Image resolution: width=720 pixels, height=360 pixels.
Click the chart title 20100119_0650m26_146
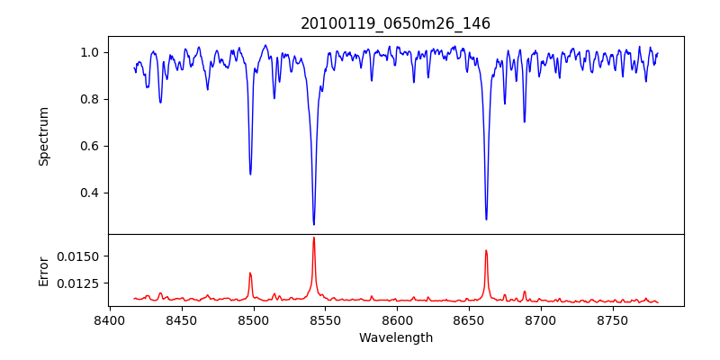click(x=395, y=23)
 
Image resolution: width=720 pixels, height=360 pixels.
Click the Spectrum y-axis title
click(x=44, y=136)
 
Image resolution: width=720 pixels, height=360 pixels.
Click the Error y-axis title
click(x=44, y=270)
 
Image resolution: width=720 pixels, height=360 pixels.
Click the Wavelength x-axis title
click(x=395, y=337)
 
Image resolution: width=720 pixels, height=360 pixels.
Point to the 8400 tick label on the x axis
click(x=109, y=319)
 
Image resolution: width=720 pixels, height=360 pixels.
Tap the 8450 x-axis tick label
click(x=181, y=319)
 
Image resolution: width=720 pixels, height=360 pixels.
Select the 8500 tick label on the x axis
click(x=253, y=319)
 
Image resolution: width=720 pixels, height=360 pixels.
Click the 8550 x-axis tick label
click(x=325, y=319)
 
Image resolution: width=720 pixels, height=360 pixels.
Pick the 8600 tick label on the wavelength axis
click(x=397, y=319)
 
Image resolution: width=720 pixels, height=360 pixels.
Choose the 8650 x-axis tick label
click(x=469, y=319)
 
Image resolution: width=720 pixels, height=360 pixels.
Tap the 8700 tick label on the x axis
click(x=541, y=319)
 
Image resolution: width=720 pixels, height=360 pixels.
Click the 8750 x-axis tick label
click(x=613, y=319)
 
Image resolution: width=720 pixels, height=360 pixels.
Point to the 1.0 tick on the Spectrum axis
click(x=89, y=52)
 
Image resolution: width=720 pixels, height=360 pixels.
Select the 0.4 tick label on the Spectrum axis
click(x=89, y=193)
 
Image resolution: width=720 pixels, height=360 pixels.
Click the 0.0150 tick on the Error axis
click(x=79, y=256)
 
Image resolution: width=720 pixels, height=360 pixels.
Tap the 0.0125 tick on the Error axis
click(x=79, y=283)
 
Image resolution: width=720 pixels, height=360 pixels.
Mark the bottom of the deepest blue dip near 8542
click(x=313, y=224)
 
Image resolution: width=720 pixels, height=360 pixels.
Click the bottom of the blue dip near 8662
click(x=486, y=219)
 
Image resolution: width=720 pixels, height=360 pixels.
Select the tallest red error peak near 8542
click(x=313, y=238)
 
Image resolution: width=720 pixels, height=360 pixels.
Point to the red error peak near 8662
click(x=486, y=251)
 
